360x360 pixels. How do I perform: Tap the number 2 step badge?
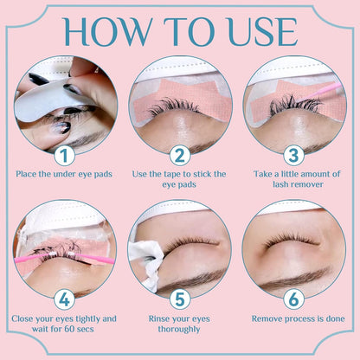click(180, 155)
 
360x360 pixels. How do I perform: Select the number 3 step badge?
click(292, 155)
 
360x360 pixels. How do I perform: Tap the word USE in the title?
click(260, 32)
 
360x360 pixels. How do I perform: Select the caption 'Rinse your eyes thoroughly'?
click(180, 322)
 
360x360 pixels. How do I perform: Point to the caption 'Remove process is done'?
click(293, 318)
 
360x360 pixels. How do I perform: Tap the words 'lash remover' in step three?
click(293, 186)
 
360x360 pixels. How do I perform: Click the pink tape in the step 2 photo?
click(178, 95)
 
